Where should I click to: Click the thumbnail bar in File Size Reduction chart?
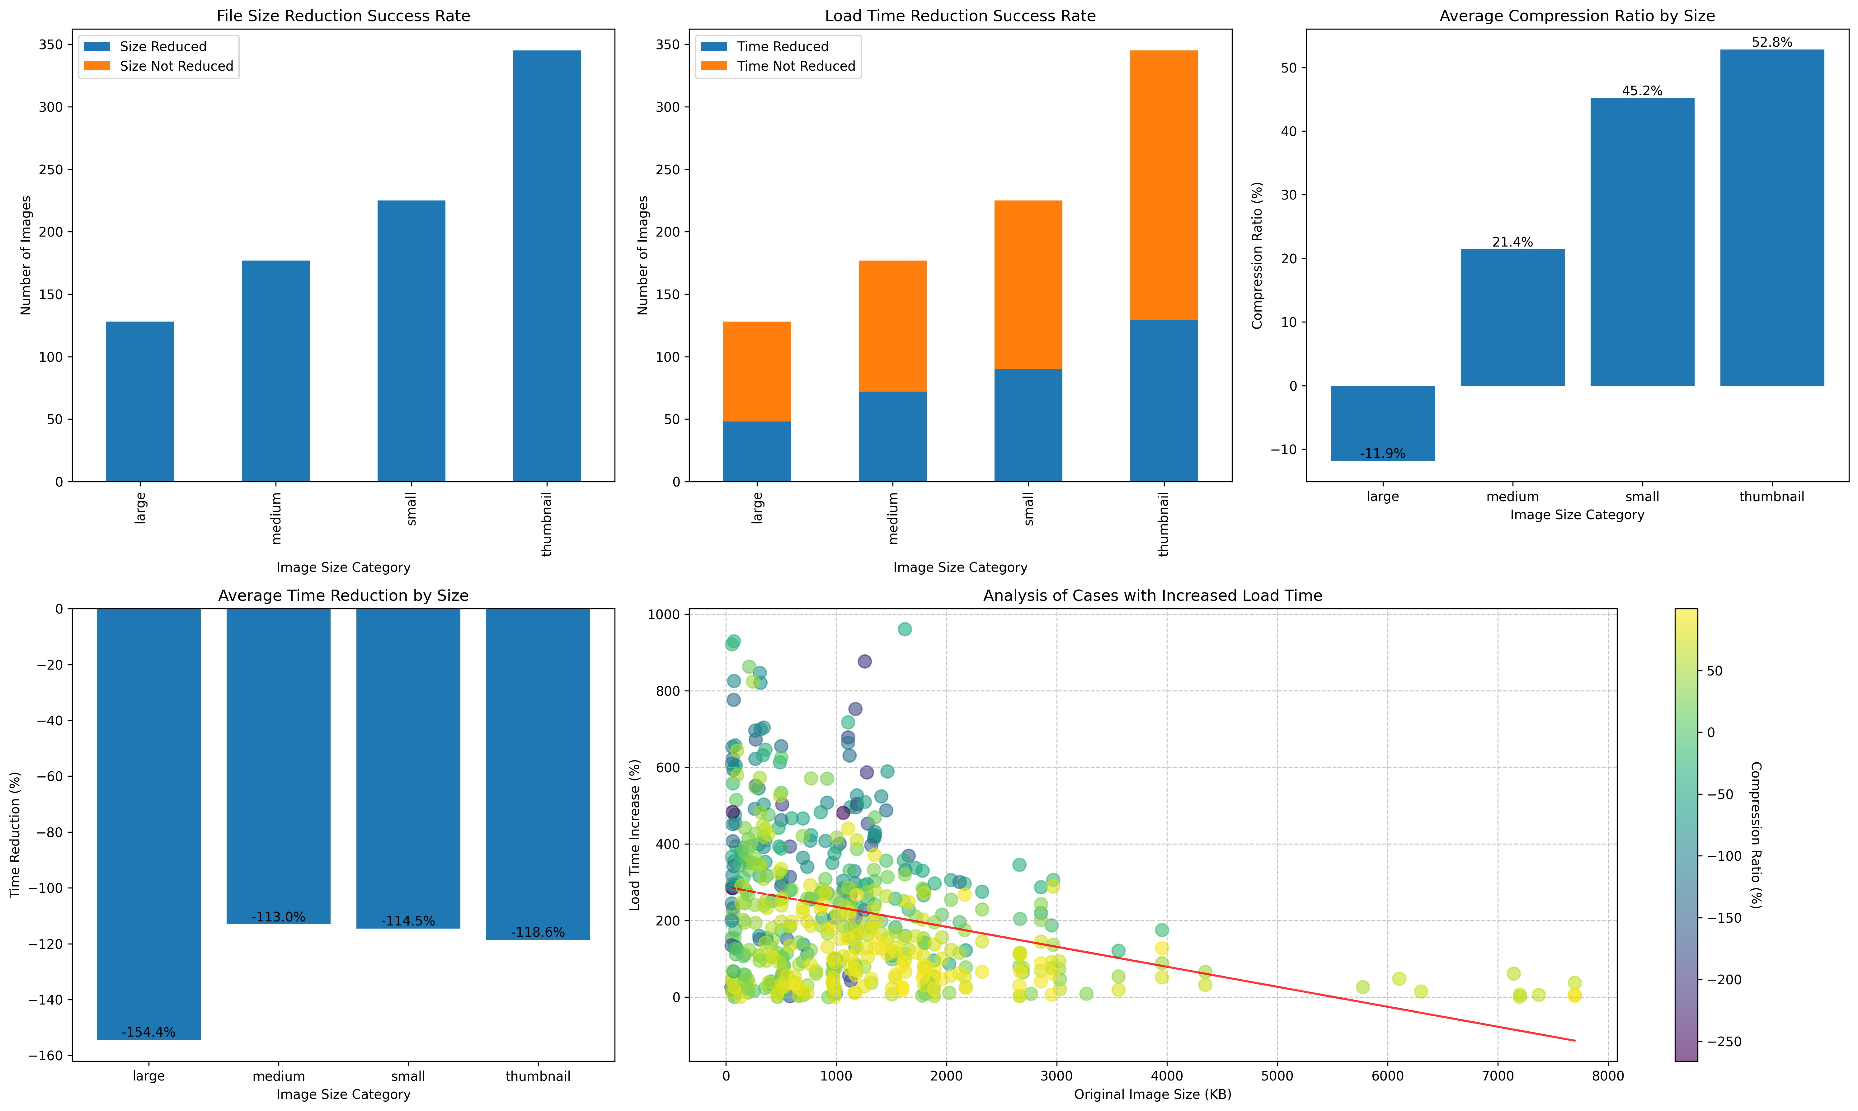[547, 266]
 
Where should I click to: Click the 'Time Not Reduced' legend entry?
[778, 66]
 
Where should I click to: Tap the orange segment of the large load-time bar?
[757, 371]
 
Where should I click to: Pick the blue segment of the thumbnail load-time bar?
[1164, 401]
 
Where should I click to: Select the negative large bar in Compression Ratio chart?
[1383, 423]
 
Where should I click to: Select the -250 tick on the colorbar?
[1720, 1041]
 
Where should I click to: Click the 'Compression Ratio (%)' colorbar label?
[1756, 835]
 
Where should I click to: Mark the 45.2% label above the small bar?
[1642, 91]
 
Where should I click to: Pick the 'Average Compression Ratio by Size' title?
[1577, 16]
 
